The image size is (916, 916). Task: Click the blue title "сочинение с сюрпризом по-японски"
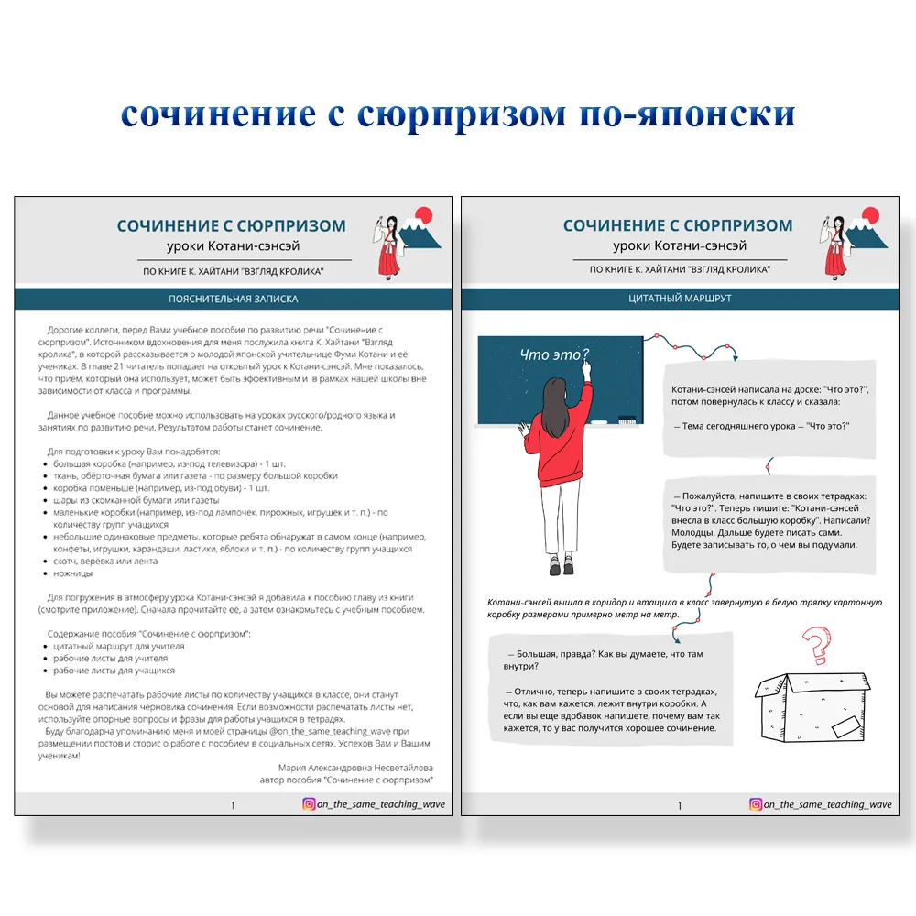(458, 114)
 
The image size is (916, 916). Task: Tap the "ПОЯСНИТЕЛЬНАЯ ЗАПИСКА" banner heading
(233, 299)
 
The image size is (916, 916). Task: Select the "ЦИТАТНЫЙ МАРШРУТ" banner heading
(679, 299)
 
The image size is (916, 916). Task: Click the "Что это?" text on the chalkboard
(554, 354)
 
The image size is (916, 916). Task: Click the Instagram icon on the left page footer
(310, 804)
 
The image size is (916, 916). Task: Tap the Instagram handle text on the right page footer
(827, 804)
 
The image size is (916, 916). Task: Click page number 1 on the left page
(233, 805)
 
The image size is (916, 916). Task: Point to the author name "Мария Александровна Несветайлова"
(354, 768)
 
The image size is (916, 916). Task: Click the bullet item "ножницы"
(72, 573)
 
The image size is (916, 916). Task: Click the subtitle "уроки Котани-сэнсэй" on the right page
(679, 246)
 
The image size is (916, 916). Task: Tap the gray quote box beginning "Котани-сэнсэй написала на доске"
(772, 408)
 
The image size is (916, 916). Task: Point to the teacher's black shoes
(554, 569)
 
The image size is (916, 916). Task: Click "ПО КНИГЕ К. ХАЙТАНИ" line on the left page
(233, 270)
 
